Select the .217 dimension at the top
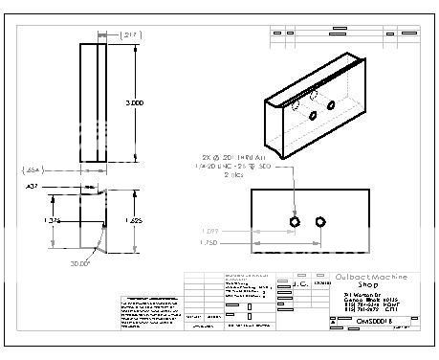(x=130, y=34)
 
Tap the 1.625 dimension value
(x=135, y=219)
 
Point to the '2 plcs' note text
(x=235, y=176)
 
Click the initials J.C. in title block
(x=298, y=284)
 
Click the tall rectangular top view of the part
(x=96, y=101)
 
